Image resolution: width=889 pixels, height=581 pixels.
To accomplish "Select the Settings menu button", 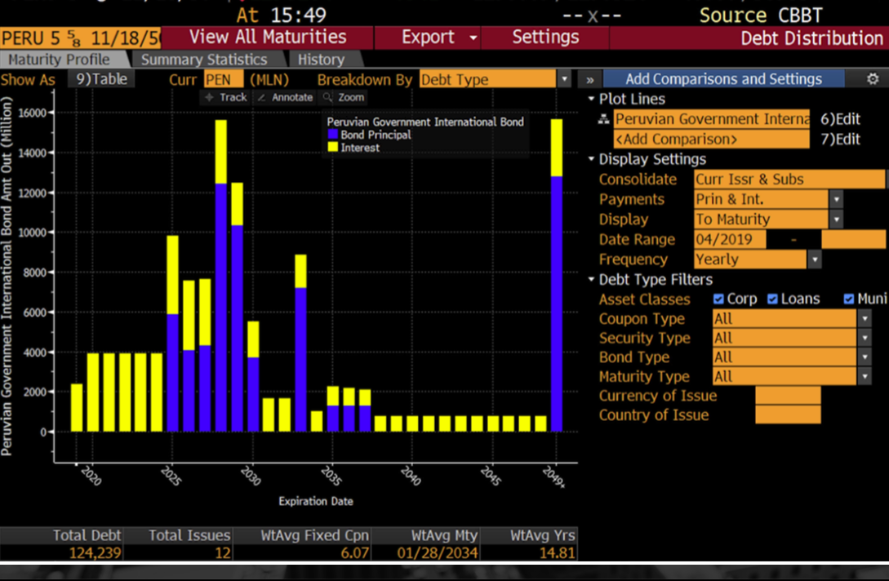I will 545,38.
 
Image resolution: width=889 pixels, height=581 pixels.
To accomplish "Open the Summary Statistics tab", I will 203,60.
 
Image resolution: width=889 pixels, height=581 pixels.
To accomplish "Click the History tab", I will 320,60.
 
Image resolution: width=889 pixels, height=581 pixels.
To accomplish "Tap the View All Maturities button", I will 268,38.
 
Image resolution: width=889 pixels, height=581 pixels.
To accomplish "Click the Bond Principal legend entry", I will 376,135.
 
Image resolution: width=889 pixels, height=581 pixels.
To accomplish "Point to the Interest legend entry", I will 359,148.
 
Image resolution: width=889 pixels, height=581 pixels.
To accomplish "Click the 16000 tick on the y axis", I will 37,113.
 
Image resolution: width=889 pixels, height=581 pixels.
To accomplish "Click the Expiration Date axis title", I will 316,501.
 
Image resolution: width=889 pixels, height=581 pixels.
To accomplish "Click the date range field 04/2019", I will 729,240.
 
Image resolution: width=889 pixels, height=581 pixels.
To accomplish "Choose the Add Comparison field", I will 711,140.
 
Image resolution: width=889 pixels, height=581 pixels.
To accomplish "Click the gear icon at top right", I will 873,79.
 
